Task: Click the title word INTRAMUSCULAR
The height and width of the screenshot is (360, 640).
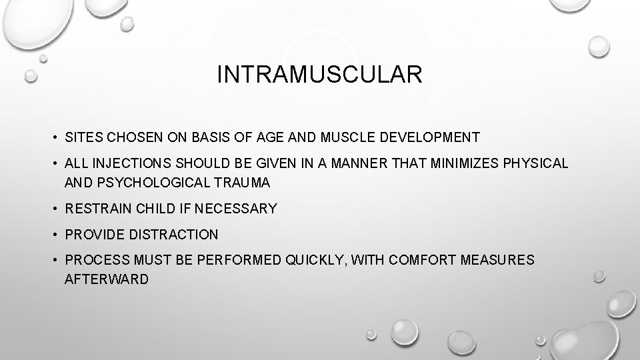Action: (x=319, y=75)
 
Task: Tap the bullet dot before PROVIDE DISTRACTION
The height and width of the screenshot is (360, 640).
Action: (x=53, y=235)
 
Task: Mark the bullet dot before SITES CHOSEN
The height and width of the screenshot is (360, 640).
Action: (x=53, y=138)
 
